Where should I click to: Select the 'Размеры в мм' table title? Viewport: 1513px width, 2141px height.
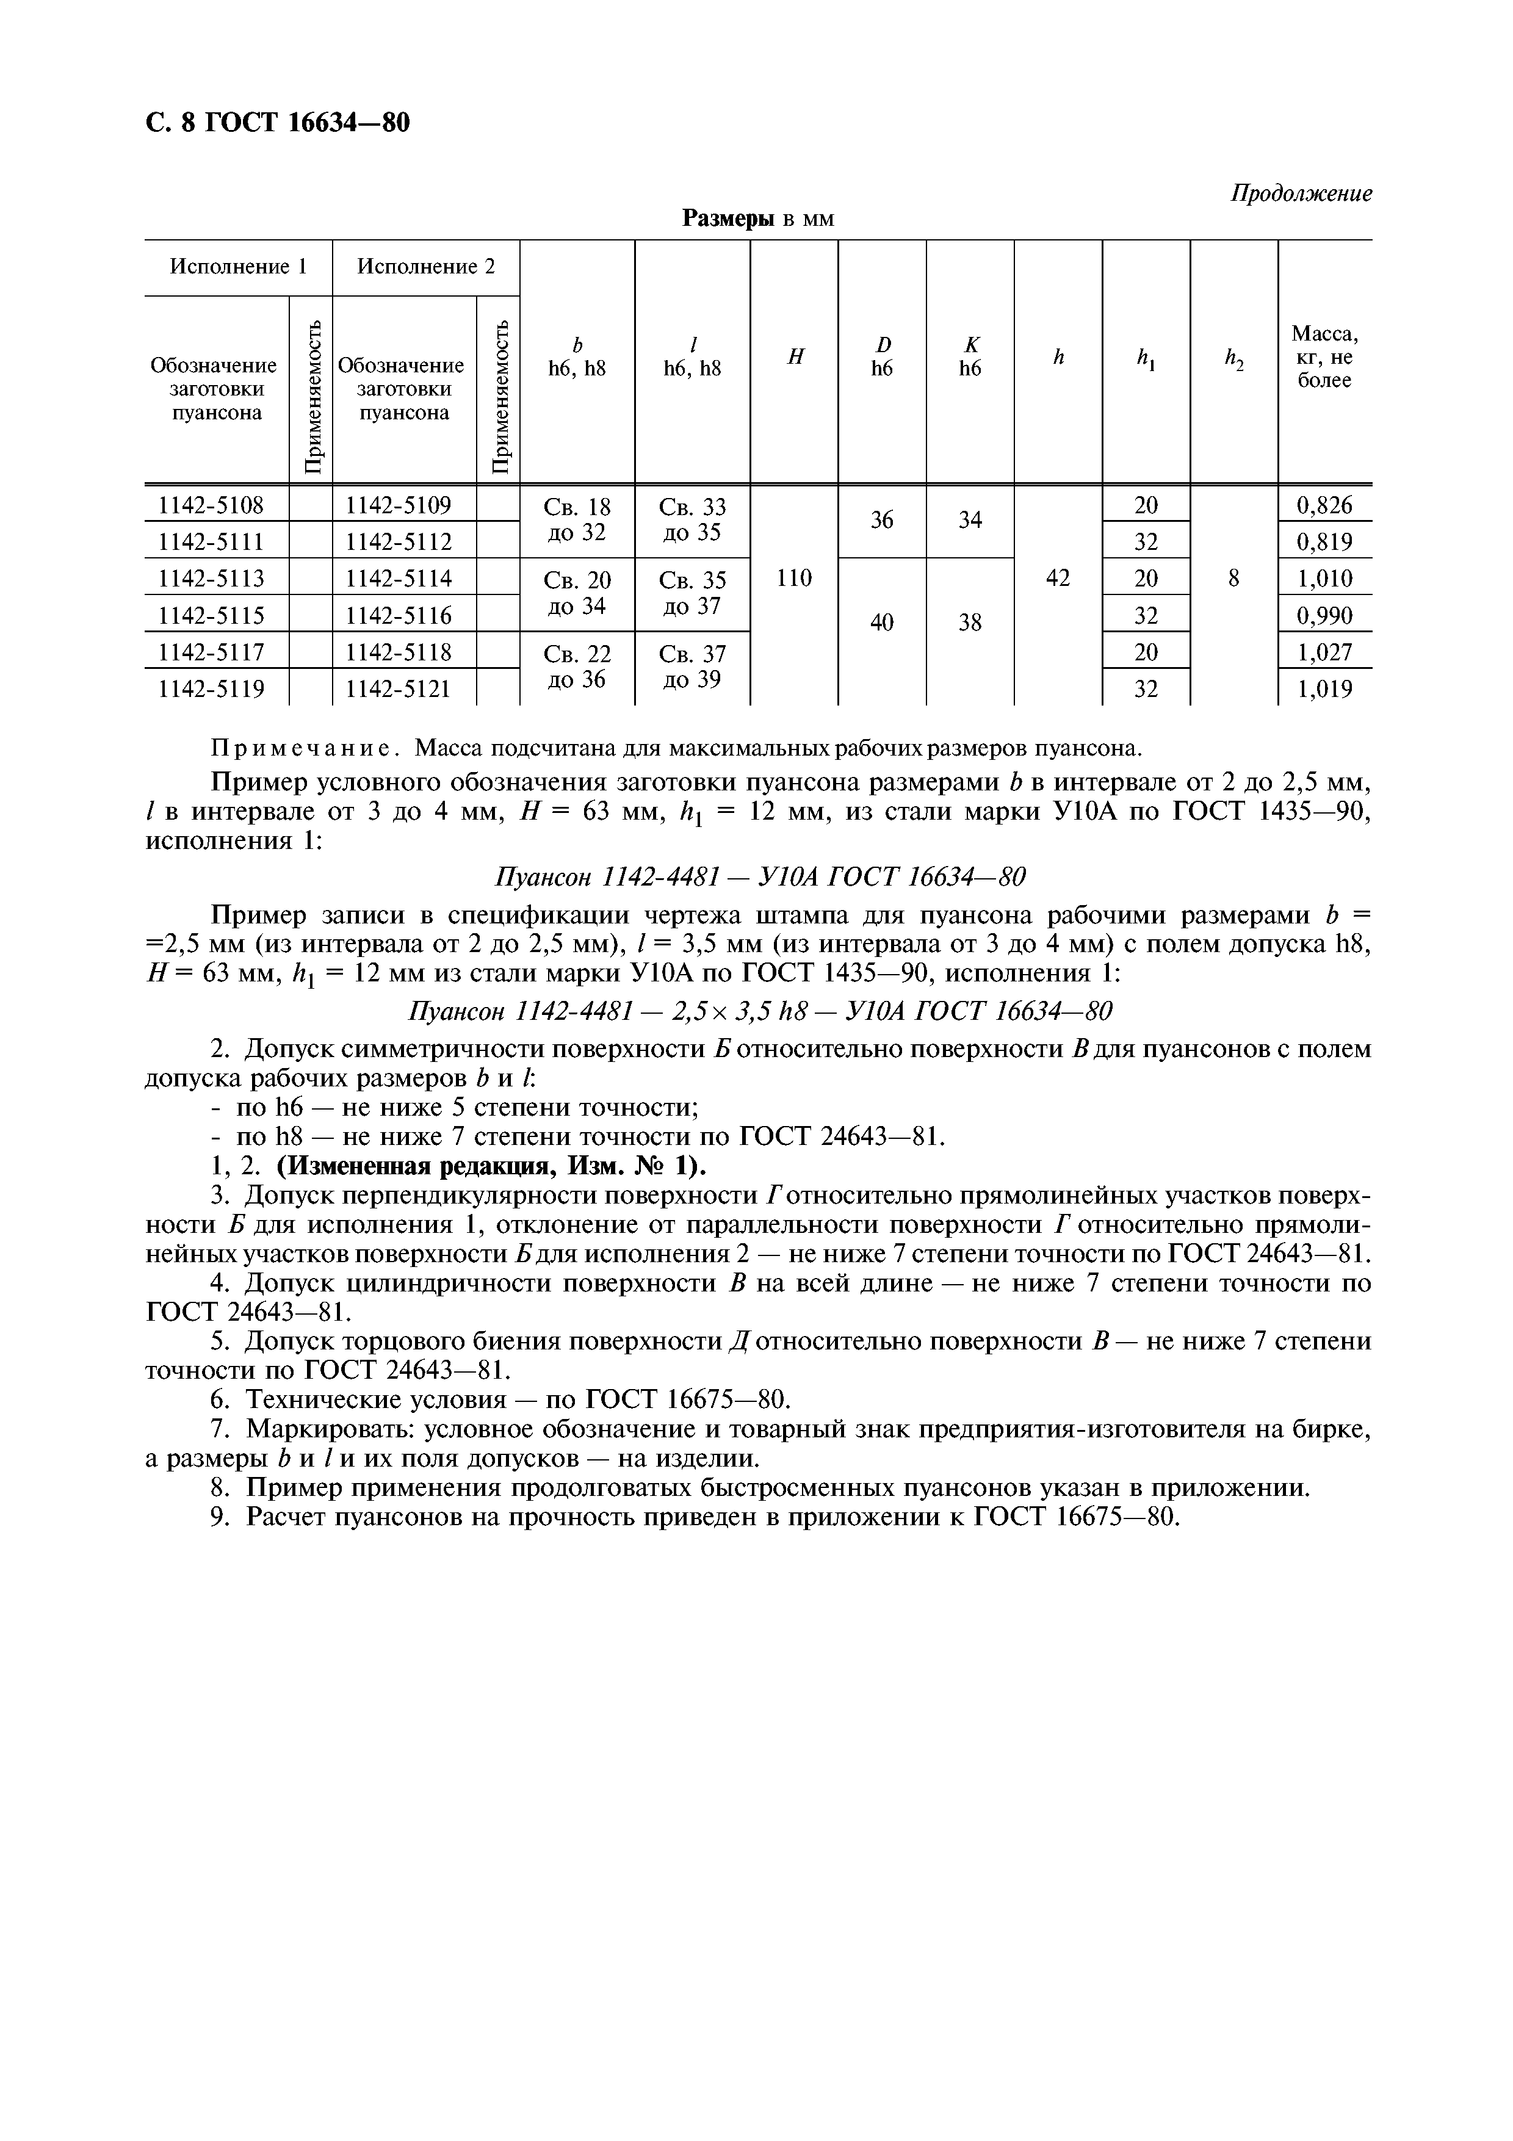[758, 219]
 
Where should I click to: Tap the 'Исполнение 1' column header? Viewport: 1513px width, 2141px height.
[237, 267]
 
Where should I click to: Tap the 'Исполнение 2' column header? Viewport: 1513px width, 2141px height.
[426, 267]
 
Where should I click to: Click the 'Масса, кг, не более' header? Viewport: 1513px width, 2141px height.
[1324, 356]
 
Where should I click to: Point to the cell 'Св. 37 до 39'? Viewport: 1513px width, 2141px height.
[692, 666]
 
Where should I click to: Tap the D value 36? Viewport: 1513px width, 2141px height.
[882, 521]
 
